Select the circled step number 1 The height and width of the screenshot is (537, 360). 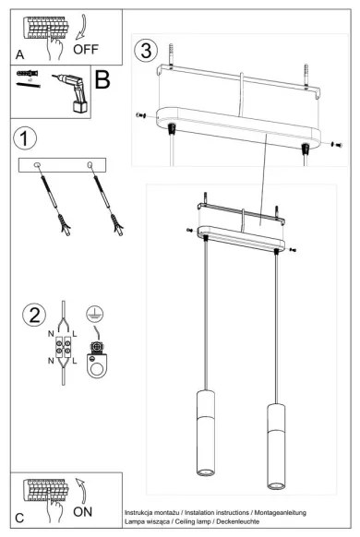(26, 138)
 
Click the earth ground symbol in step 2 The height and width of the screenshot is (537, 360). (92, 313)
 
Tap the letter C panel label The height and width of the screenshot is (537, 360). (18, 519)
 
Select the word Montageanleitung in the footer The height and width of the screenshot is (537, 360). (276, 511)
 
